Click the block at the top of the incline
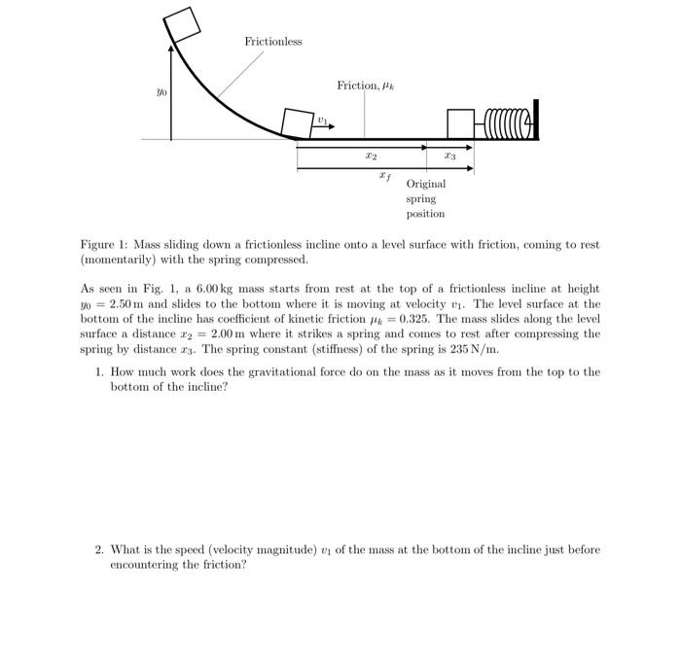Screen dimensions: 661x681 click(183, 26)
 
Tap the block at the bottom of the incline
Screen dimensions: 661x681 click(296, 122)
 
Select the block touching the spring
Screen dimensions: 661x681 click(460, 123)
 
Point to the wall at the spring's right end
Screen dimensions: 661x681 click(534, 120)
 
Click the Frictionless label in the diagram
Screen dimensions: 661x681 click(273, 42)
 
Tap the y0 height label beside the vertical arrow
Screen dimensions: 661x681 click(161, 93)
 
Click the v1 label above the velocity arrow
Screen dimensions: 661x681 click(321, 119)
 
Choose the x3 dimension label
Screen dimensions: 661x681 click(448, 156)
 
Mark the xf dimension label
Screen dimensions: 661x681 click(385, 177)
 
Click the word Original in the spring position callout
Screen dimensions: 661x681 click(426, 184)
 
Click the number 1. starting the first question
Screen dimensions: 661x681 click(100, 372)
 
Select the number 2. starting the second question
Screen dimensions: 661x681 click(100, 549)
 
